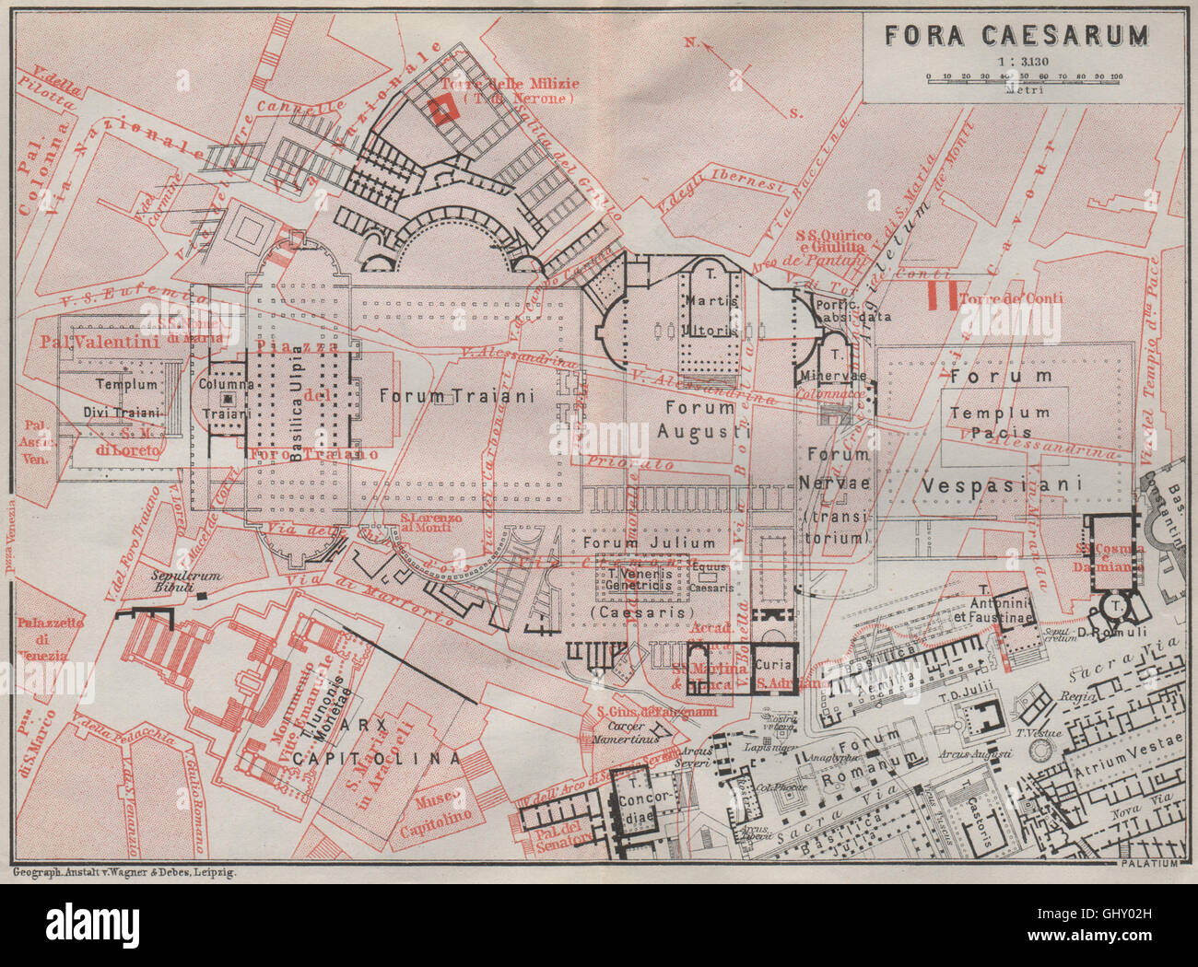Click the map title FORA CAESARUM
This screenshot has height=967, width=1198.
pyautogui.click(x=1016, y=35)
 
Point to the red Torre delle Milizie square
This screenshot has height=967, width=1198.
pyautogui.click(x=441, y=111)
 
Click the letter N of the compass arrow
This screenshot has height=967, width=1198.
pyautogui.click(x=689, y=42)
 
